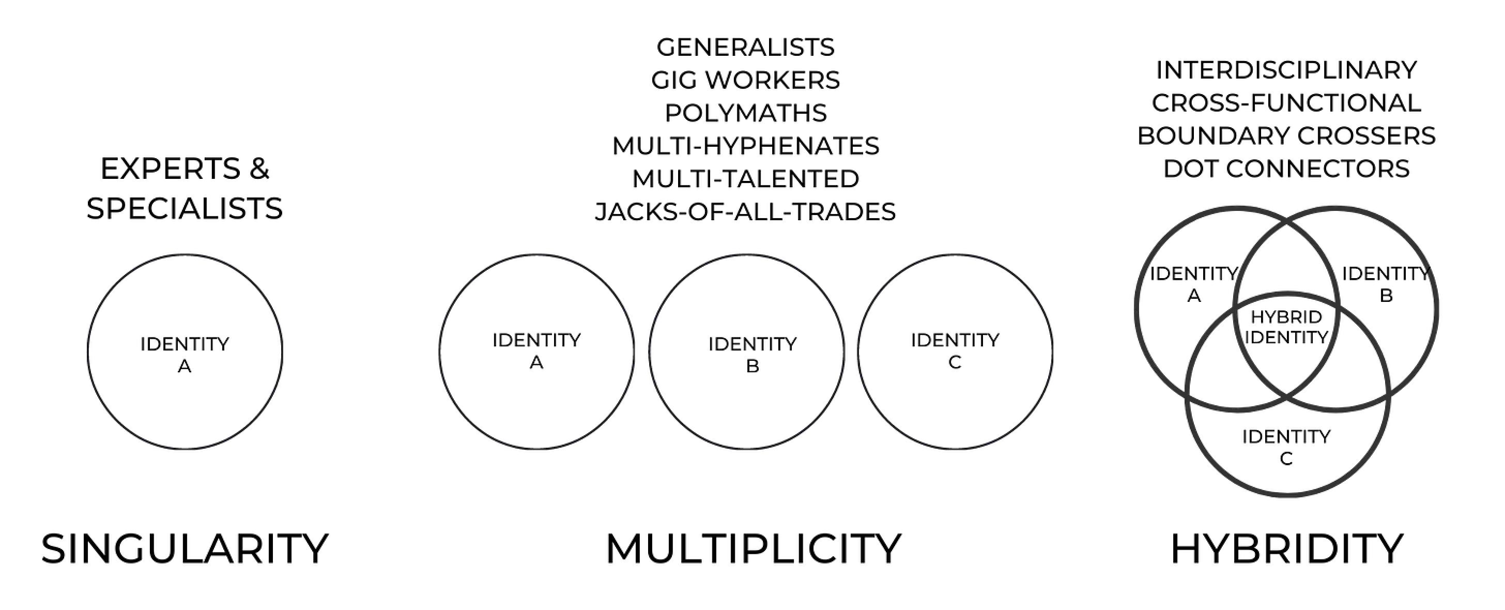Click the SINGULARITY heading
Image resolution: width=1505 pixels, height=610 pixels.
click(x=185, y=548)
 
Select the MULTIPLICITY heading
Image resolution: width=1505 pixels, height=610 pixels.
click(x=753, y=548)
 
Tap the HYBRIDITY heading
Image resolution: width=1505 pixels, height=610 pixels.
click(x=1286, y=548)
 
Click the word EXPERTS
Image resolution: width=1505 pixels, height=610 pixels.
click(x=170, y=169)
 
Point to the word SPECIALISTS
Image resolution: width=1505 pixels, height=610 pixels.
click(x=185, y=209)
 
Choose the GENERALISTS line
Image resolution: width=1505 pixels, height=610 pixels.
click(x=745, y=48)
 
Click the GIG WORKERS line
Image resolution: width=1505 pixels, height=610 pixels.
click(x=745, y=80)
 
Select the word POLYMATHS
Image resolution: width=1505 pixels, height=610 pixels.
click(x=745, y=113)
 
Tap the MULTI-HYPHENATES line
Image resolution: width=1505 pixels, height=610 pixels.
click(x=745, y=145)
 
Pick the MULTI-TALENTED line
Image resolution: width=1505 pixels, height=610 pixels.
click(x=745, y=179)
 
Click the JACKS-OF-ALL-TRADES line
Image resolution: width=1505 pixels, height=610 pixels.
click(x=745, y=211)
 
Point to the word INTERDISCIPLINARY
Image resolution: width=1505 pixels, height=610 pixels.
click(x=1286, y=70)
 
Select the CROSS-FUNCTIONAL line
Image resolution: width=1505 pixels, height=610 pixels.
click(x=1286, y=103)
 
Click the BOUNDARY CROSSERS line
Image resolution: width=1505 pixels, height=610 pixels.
click(x=1286, y=135)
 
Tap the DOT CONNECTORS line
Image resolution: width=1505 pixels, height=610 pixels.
click(x=1286, y=169)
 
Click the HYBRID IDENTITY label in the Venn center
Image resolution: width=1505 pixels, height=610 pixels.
click(x=1286, y=327)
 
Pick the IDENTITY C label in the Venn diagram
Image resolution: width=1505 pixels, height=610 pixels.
click(x=1286, y=447)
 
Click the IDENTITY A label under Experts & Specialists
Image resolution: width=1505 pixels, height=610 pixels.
click(x=185, y=355)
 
